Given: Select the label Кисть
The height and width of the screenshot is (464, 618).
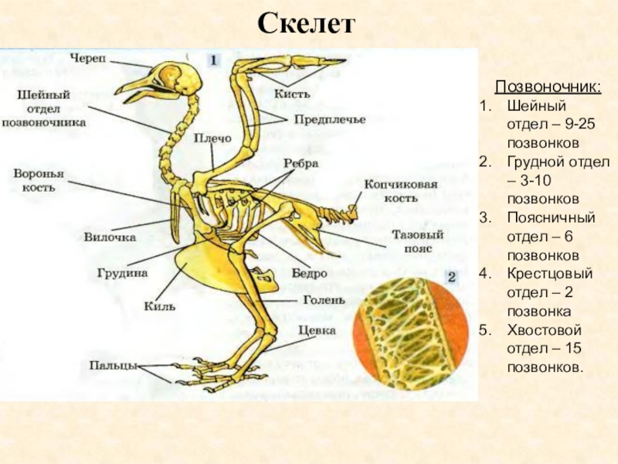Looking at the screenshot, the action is click(292, 93).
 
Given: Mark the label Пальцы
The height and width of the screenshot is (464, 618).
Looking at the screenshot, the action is click(112, 365).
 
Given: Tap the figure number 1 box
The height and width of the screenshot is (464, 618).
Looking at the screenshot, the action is click(213, 59).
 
